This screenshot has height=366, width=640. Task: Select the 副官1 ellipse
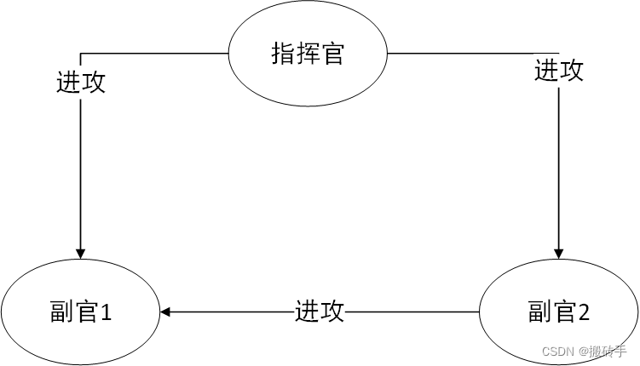pyautogui.click(x=80, y=313)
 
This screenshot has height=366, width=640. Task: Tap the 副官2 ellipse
pyautogui.click(x=559, y=313)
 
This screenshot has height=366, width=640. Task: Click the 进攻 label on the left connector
pyautogui.click(x=81, y=82)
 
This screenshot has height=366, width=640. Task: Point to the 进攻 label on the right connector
pyautogui.click(x=559, y=70)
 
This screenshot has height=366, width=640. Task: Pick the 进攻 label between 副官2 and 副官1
pyautogui.click(x=320, y=312)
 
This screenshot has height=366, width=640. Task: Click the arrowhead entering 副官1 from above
pyautogui.click(x=81, y=253)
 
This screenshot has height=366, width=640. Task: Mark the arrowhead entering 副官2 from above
pyautogui.click(x=559, y=253)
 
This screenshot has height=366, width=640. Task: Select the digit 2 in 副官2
pyautogui.click(x=584, y=313)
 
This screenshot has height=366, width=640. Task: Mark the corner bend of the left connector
pyautogui.click(x=81, y=53)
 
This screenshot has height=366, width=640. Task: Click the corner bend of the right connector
pyautogui.click(x=559, y=53)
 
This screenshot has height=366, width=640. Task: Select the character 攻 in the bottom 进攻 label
pyautogui.click(x=332, y=312)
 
